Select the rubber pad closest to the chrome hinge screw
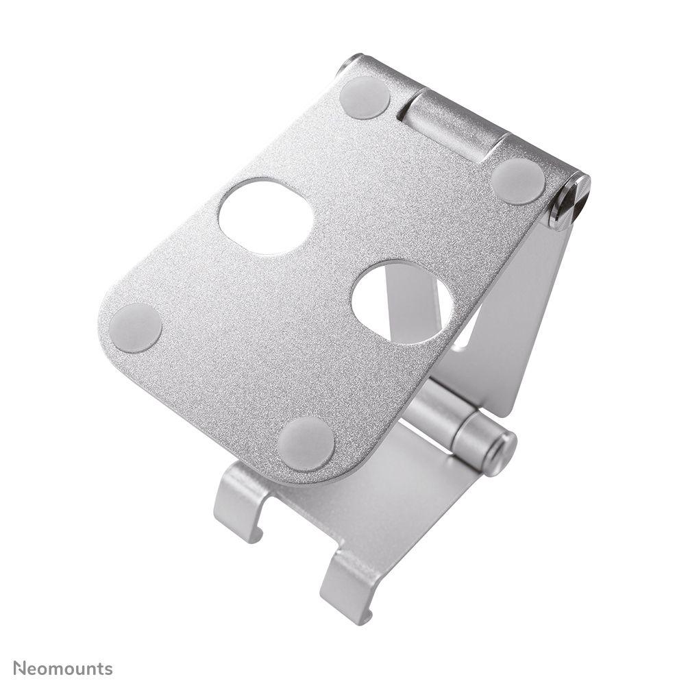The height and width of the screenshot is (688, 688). (x=518, y=180)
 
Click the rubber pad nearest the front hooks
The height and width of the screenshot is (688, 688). (x=306, y=443)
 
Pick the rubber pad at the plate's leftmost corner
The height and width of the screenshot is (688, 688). (x=136, y=328)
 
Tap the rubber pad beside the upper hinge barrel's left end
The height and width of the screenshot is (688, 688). (x=365, y=97)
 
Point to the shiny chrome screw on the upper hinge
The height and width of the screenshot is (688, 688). (x=570, y=201)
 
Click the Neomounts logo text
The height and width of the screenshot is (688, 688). (x=63, y=668)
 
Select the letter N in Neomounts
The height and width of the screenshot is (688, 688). (x=20, y=668)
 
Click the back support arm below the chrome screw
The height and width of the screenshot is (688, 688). (x=528, y=315)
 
